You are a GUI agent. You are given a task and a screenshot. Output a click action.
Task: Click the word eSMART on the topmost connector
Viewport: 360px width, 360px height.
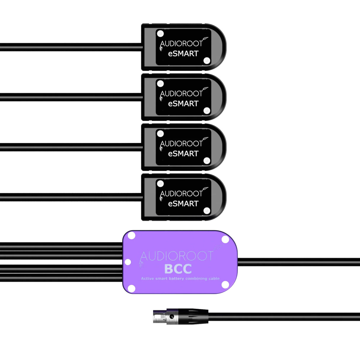pos(183,54)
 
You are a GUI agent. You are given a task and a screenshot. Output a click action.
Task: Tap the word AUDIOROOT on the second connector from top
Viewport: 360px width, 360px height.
pos(181,94)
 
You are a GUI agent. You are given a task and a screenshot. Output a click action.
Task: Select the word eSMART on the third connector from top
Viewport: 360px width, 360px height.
pos(183,154)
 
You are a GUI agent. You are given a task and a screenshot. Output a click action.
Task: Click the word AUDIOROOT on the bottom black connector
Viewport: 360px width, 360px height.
pos(181,194)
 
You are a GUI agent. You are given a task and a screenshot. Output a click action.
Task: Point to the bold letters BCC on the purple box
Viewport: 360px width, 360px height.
pos(178,269)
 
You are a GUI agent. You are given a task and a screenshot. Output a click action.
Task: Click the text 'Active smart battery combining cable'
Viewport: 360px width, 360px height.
pos(180,278)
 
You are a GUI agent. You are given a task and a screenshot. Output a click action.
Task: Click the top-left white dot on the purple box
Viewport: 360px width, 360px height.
pos(131,236)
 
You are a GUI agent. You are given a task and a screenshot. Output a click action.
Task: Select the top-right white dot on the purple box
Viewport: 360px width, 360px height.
pos(225,239)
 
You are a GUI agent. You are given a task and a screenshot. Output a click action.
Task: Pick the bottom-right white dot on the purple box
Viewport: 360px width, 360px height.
pos(225,285)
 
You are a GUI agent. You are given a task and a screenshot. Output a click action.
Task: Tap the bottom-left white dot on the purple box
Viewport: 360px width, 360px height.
pos(131,288)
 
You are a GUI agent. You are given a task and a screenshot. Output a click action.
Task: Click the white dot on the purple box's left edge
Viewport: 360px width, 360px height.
pos(128,262)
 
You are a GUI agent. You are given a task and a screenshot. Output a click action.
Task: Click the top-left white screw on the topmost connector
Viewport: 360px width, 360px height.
pos(160,34)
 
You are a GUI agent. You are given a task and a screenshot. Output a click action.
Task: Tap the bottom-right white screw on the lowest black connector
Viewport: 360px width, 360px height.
pos(207,211)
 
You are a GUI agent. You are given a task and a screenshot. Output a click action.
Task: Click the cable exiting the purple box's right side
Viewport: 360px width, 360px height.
pos(297,262)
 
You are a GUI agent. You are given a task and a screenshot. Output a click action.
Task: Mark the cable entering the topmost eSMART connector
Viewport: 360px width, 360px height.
pos(71,47)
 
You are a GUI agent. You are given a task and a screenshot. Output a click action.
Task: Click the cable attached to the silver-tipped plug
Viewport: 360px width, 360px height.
pos(282,317)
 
